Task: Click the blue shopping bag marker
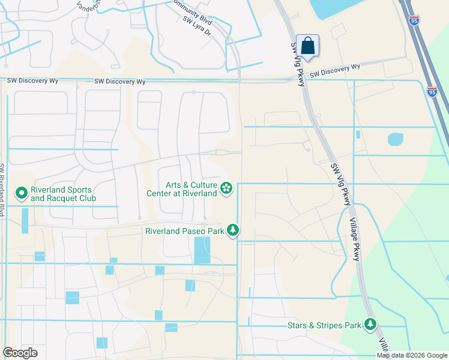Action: [307, 46]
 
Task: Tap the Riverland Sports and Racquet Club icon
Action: [22, 193]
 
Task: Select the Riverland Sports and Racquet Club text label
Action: [64, 193]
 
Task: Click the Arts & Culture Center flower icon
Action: [226, 189]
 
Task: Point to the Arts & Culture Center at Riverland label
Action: [182, 189]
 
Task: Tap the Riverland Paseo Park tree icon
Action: [233, 230]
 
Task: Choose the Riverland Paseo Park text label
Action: [184, 230]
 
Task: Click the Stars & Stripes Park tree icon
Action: [370, 325]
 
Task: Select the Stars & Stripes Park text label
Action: [324, 325]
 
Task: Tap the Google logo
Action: [20, 352]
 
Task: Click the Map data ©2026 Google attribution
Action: [411, 355]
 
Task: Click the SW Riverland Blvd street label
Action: [3, 190]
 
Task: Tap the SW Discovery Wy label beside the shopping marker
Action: [334, 71]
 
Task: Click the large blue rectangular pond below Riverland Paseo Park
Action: [202, 250]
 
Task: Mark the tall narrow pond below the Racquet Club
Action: [25, 220]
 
